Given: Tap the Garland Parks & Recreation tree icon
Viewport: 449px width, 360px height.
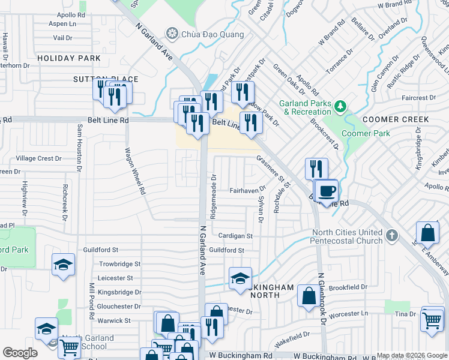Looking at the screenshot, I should [x=341, y=107].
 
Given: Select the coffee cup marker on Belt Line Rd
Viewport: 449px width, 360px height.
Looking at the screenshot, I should [x=327, y=191].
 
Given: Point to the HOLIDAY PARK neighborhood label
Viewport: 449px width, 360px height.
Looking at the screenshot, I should [x=69, y=58].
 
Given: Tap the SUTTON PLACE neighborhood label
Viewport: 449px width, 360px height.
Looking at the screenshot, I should [x=106, y=79].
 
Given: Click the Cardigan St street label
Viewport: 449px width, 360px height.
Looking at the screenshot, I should [x=235, y=236].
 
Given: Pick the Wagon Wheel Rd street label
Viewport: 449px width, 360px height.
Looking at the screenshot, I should [x=135, y=172].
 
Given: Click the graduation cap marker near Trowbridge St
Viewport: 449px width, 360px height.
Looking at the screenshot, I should [x=63, y=265].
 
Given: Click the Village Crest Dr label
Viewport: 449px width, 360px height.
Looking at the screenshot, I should [x=39, y=158].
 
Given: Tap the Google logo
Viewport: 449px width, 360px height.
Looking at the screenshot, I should [x=20, y=353].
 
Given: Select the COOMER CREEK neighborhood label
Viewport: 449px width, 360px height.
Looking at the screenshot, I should [x=396, y=119].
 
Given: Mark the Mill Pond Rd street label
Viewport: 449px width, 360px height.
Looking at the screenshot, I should [x=92, y=299].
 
